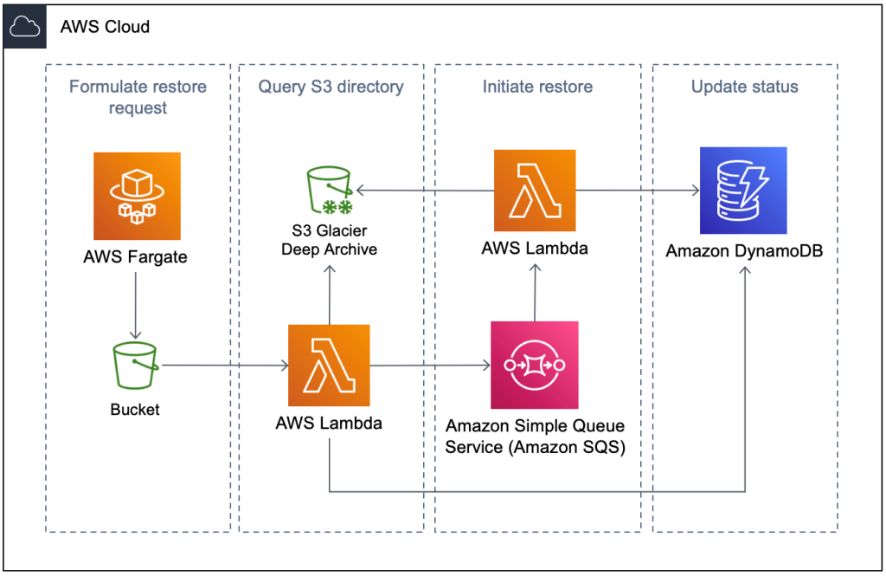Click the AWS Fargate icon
tap(137, 196)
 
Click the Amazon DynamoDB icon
tap(743, 191)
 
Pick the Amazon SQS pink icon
tap(534, 365)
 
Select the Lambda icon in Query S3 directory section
tap(329, 366)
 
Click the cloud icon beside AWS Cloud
tap(23, 27)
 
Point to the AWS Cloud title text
tap(105, 27)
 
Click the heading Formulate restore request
tap(138, 97)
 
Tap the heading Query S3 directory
tap(331, 87)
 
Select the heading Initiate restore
tap(537, 87)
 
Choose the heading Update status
tap(744, 87)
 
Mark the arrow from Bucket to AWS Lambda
tap(225, 366)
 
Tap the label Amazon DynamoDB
tap(743, 251)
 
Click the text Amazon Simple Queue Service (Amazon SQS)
tap(535, 437)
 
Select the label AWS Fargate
tap(137, 257)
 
